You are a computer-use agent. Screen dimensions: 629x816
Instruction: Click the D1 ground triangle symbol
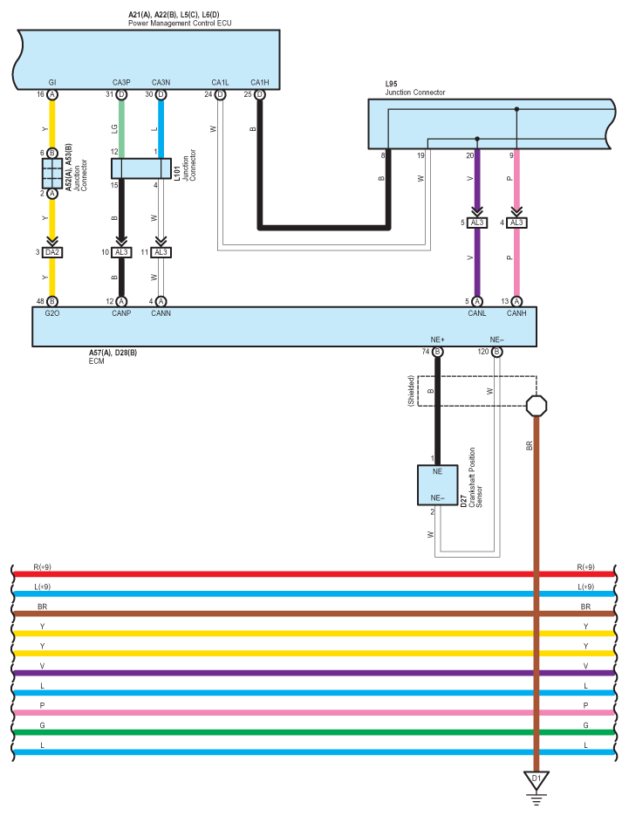[x=537, y=779]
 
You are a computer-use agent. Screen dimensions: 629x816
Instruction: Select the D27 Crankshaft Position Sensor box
[x=438, y=485]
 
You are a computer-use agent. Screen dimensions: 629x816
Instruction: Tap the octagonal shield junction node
[x=537, y=406]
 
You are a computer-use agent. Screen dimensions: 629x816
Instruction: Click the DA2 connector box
[x=52, y=252]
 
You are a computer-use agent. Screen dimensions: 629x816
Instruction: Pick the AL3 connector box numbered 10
[x=121, y=252]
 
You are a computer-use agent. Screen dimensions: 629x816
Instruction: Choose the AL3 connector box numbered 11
[x=161, y=252]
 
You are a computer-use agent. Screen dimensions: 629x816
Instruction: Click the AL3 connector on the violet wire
[x=477, y=223]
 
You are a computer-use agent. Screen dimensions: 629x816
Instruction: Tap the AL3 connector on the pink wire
[x=516, y=223]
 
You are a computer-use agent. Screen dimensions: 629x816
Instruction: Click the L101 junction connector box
[x=141, y=168]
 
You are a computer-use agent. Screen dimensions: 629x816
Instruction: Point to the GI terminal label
[x=52, y=82]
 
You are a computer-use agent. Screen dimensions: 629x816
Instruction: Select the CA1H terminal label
[x=260, y=82]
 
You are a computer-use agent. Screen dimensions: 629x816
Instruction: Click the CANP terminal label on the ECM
[x=121, y=313]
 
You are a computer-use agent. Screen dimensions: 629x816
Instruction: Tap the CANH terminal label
[x=516, y=313]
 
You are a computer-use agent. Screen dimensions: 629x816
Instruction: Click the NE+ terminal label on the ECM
[x=438, y=339]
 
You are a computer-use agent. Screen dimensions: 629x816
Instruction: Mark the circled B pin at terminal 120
[x=497, y=352]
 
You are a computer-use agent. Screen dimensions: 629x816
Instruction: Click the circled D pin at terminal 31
[x=121, y=94]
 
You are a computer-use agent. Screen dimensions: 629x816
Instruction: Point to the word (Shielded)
[x=411, y=391]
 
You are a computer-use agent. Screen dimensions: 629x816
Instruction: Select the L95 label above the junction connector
[x=391, y=84]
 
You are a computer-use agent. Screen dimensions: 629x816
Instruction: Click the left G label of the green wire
[x=42, y=725]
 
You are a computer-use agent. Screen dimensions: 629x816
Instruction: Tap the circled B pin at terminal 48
[x=52, y=301]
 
